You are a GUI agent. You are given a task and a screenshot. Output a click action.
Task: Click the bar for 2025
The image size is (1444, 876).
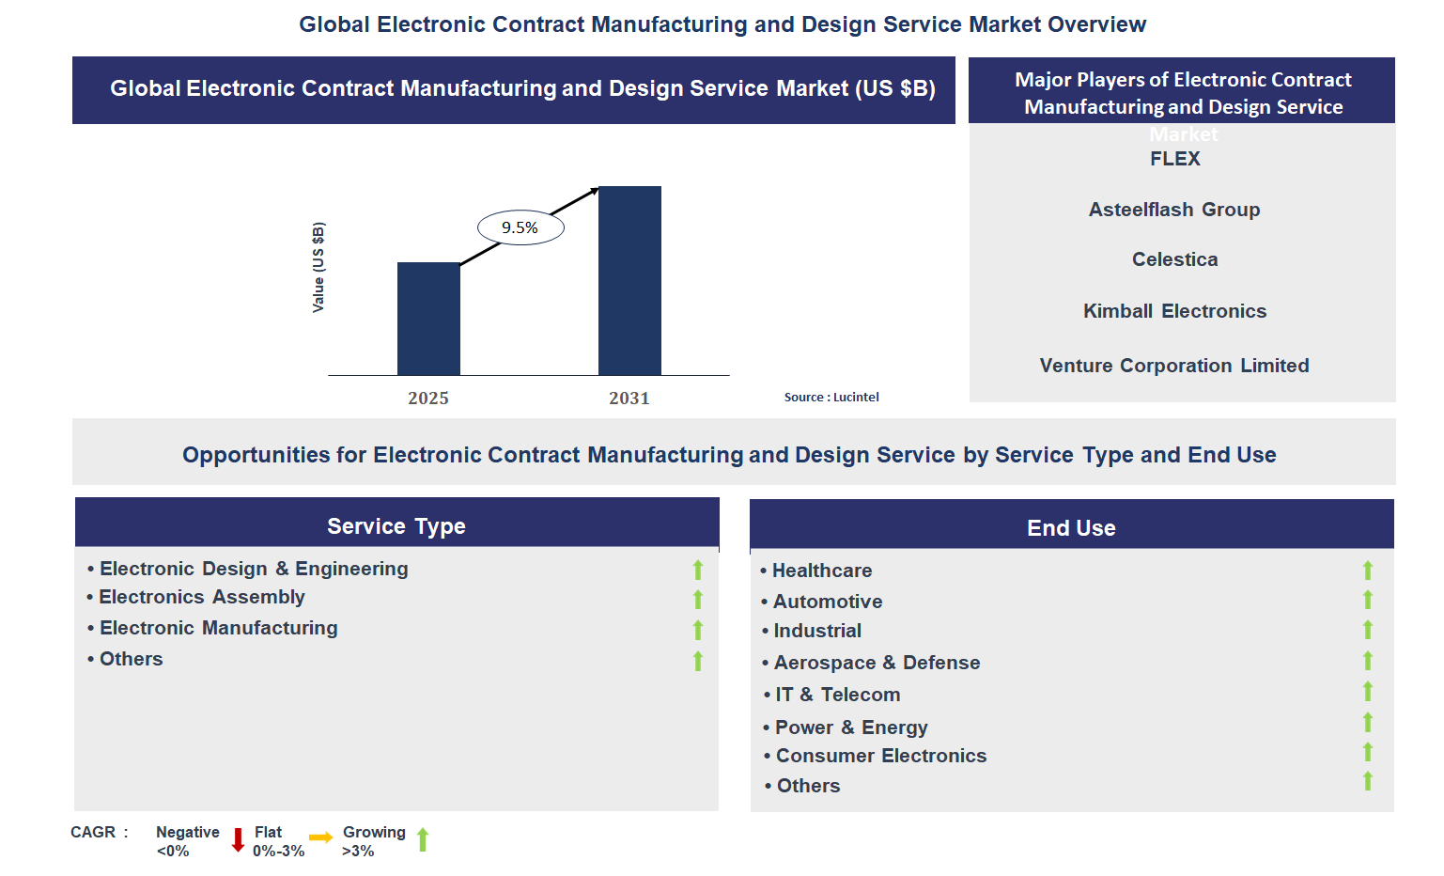point(428,319)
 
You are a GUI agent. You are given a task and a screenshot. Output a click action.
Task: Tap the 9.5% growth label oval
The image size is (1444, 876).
point(520,227)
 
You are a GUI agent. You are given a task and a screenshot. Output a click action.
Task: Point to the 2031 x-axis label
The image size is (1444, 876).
point(629,399)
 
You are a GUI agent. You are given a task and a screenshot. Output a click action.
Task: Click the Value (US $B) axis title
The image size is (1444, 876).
point(318,268)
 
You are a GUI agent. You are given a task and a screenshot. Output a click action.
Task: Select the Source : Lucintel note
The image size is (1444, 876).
point(831,398)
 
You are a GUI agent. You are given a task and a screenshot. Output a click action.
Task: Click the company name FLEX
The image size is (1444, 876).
point(1175,159)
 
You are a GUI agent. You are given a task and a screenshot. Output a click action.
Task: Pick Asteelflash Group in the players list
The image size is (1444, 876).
point(1174,210)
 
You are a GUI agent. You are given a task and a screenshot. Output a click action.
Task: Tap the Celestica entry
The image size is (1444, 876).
point(1174,259)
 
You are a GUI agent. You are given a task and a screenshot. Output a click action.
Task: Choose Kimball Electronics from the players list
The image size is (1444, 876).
point(1174,311)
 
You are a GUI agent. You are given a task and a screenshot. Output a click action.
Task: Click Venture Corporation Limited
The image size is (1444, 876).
point(1174,366)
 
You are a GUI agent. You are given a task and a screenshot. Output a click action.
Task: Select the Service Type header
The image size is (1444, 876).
point(396,526)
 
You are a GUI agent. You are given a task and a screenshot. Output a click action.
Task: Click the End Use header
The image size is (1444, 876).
point(1071,528)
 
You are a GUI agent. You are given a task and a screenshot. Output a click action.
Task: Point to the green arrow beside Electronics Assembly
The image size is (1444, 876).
point(698,600)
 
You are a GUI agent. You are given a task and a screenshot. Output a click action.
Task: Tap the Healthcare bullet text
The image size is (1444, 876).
point(822,571)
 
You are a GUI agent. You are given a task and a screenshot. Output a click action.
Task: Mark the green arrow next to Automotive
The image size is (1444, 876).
point(1368,600)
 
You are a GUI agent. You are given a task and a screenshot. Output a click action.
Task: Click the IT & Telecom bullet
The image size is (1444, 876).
point(837,695)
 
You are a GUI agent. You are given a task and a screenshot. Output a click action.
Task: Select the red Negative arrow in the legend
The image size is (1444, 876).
point(239,839)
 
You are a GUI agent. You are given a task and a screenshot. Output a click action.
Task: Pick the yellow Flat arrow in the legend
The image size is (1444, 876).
point(320,837)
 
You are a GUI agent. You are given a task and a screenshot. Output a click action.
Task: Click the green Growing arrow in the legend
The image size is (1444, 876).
point(423,839)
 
